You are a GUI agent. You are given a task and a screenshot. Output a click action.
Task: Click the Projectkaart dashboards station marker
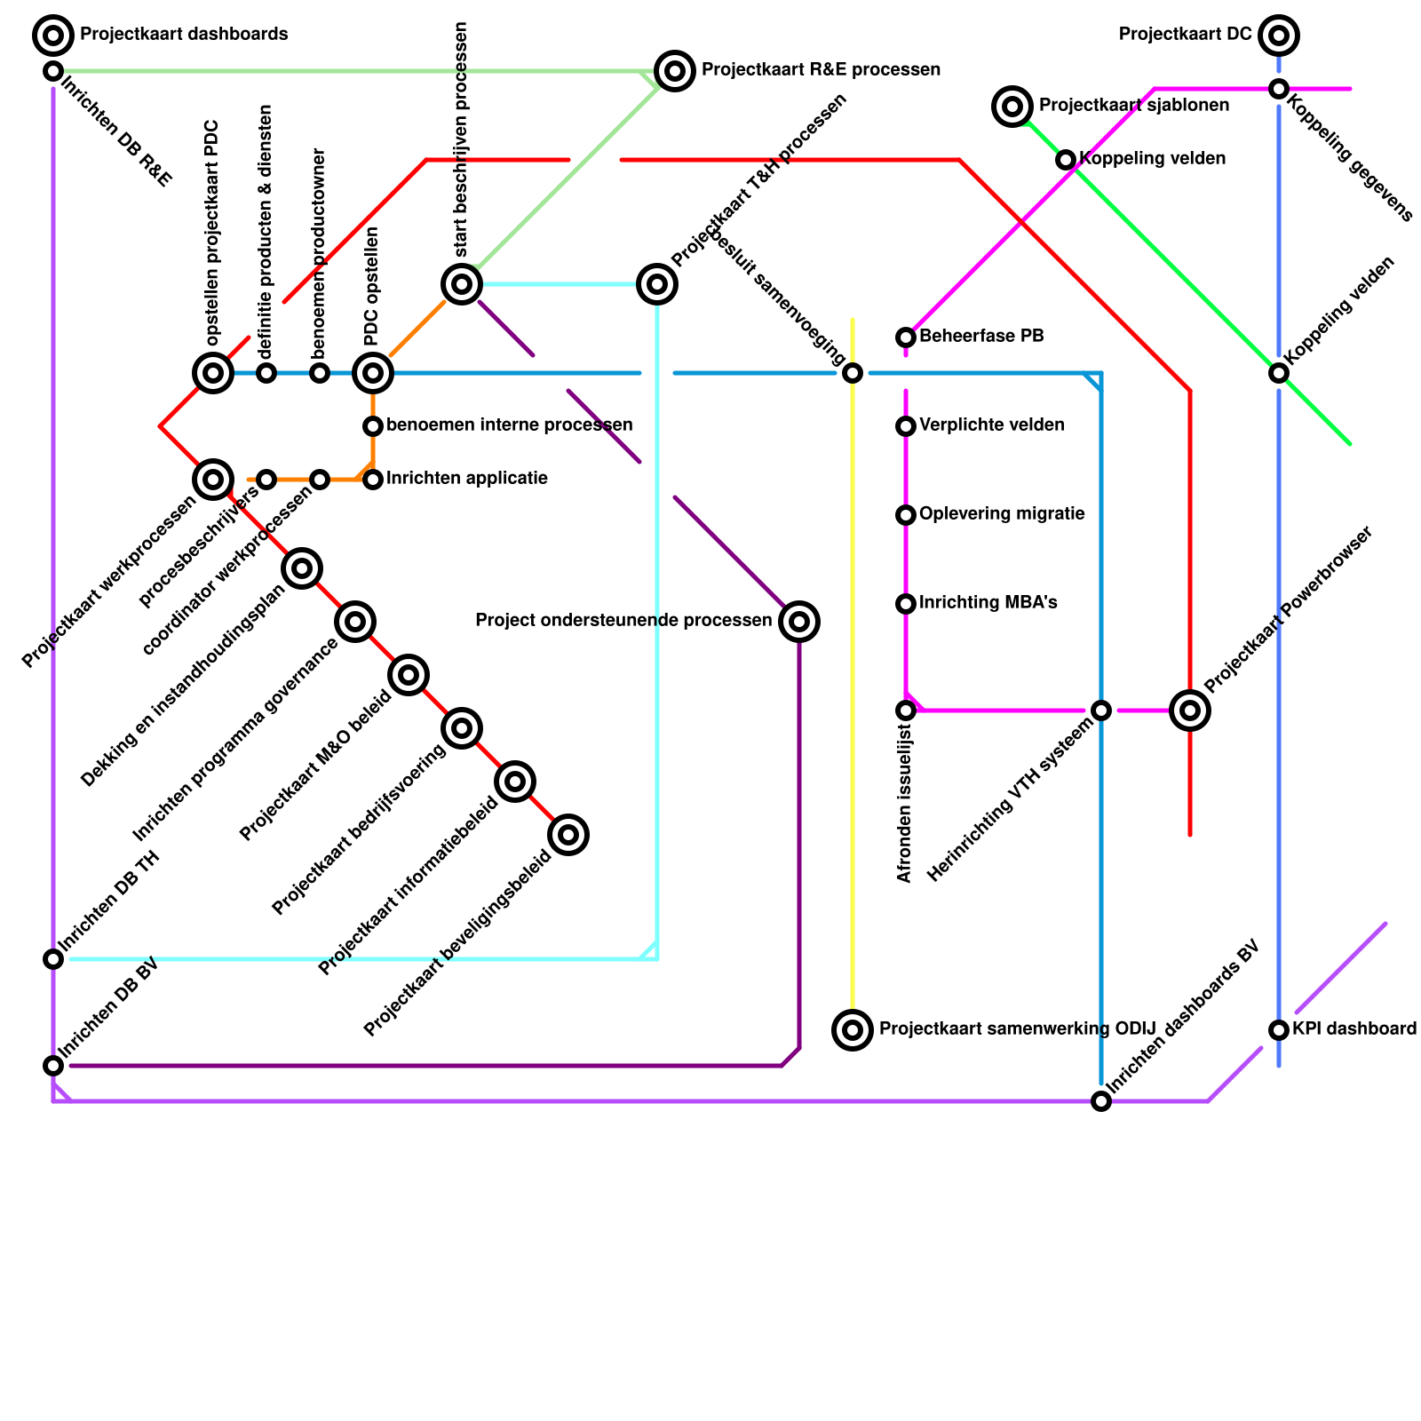click(53, 36)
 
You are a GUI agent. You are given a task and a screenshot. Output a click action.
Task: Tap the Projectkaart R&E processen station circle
click(675, 71)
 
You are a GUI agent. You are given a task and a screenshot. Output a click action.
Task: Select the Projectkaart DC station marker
click(1279, 36)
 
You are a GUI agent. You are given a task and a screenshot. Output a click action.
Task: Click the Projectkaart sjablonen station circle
click(1012, 107)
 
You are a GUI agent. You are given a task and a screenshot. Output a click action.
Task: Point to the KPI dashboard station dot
click(1279, 1030)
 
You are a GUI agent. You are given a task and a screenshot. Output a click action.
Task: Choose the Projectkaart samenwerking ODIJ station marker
click(853, 1030)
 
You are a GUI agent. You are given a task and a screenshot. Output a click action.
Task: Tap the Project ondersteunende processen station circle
click(799, 622)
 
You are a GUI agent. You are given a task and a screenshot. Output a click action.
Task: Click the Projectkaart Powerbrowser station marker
click(1190, 710)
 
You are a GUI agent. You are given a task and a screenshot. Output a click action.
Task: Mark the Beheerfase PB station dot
click(906, 337)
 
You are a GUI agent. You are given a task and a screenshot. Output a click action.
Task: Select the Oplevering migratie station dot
click(906, 515)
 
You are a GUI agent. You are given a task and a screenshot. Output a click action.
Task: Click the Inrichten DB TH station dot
click(53, 959)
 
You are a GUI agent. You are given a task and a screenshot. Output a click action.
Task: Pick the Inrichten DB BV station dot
click(53, 1066)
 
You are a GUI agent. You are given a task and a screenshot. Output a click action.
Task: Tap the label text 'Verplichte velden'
click(992, 425)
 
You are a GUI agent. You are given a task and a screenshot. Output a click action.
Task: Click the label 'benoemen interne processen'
click(510, 425)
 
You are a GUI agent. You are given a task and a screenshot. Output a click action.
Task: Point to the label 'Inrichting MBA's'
click(988, 603)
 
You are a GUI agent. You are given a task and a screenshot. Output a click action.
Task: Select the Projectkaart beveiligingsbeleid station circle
click(568, 835)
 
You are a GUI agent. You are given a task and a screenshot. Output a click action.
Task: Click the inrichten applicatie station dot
click(373, 480)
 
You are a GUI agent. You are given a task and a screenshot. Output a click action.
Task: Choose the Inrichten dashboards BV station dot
click(1101, 1101)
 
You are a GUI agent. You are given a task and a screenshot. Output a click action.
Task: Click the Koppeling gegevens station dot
click(1279, 89)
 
